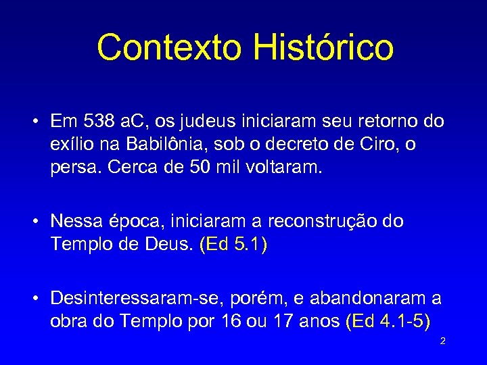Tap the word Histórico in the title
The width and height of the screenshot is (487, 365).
(323, 47)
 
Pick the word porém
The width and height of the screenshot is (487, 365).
(252, 297)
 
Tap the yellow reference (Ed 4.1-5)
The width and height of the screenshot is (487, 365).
(388, 320)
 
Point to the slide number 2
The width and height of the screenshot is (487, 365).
(442, 341)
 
